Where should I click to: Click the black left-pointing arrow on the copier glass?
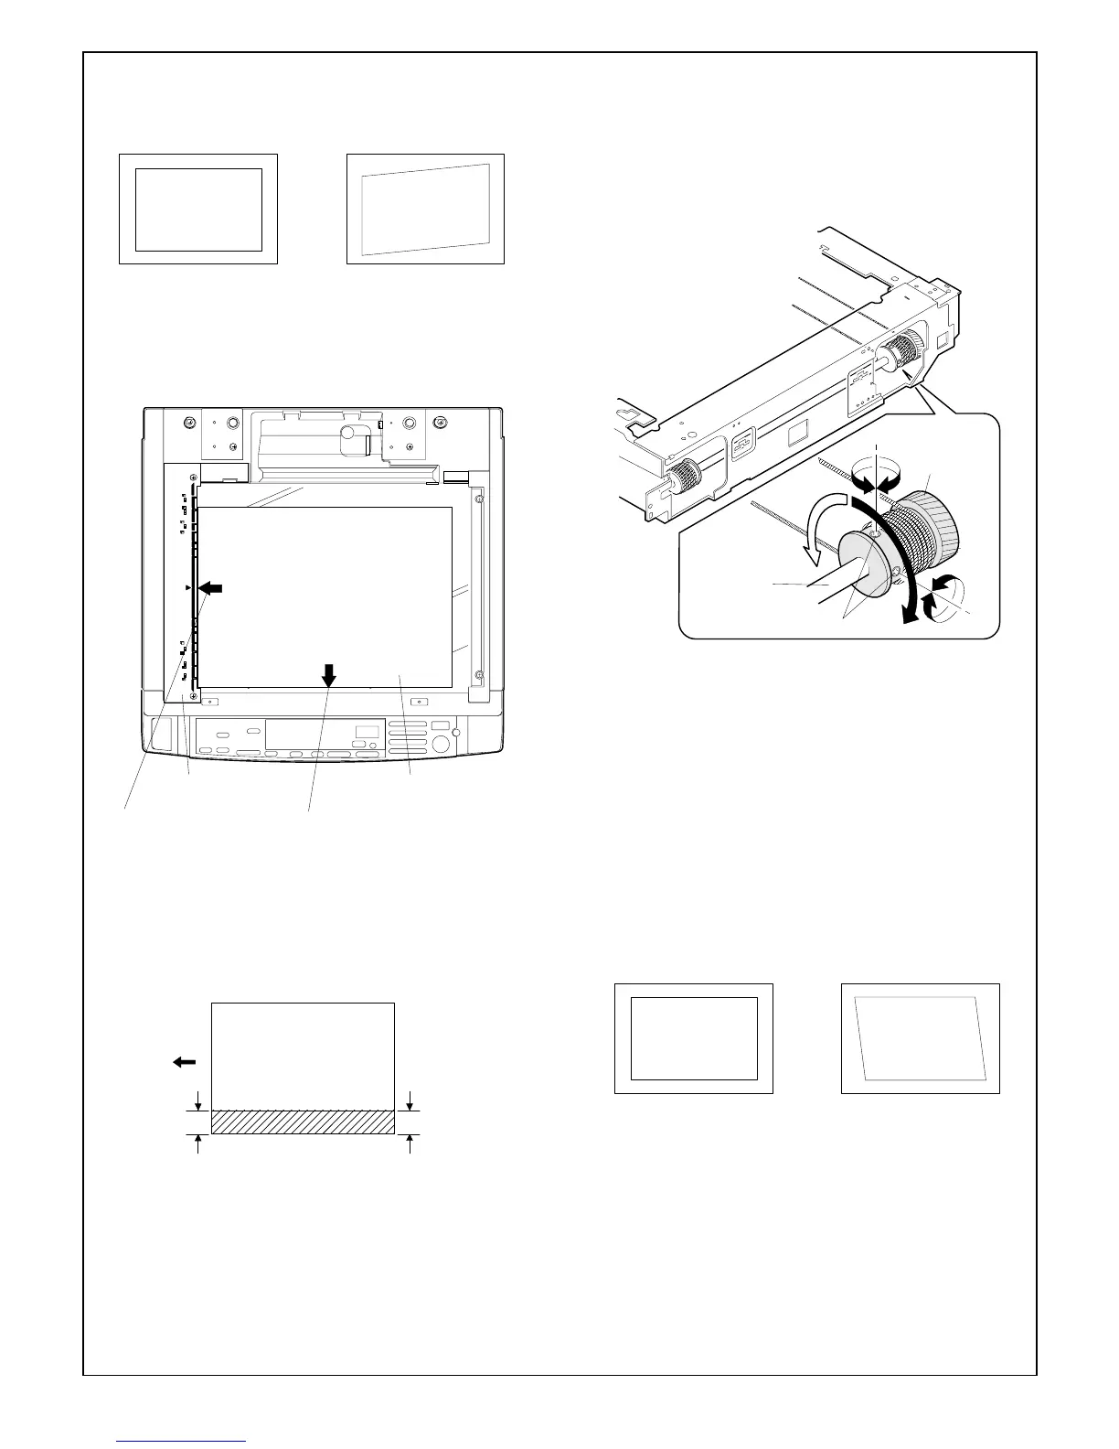(211, 587)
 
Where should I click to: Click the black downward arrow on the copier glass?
(328, 675)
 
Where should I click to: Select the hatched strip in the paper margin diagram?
(303, 1122)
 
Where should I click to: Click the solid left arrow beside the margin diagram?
(184, 1061)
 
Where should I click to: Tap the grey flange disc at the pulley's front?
(861, 566)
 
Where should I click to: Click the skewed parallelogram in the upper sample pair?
(426, 209)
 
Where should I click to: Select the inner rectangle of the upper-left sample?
(198, 209)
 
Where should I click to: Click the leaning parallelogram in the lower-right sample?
(920, 1038)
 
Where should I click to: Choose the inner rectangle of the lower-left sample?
(694, 1038)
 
